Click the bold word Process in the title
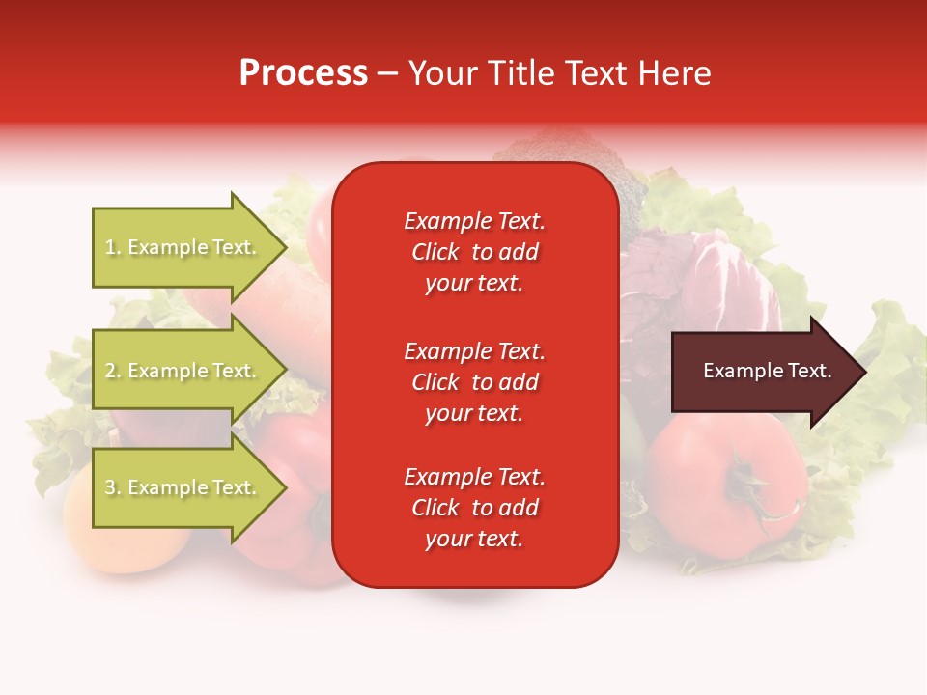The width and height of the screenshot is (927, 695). click(x=303, y=73)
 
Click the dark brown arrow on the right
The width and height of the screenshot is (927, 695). click(x=763, y=372)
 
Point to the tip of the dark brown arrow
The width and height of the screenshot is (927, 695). click(x=864, y=372)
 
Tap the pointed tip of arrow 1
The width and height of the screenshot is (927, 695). click(x=285, y=247)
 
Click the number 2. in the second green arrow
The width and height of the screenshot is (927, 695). click(x=112, y=371)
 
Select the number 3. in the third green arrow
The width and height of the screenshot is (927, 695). click(x=112, y=487)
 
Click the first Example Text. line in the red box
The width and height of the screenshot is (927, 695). click(x=474, y=221)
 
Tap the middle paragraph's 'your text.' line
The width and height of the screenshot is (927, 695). click(x=474, y=413)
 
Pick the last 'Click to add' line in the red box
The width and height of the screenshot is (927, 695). click(x=474, y=508)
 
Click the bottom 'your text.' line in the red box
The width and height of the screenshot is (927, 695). click(x=474, y=539)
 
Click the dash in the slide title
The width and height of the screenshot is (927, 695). click(x=387, y=74)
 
